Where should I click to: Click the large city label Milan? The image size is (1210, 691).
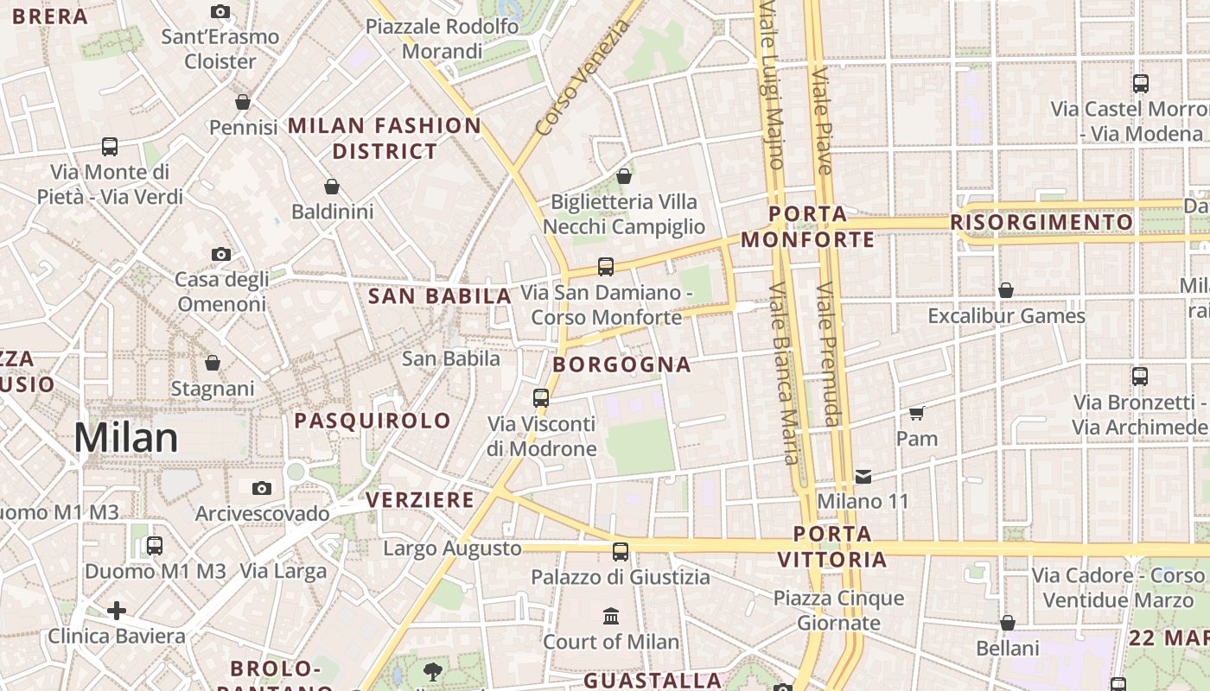click(126, 438)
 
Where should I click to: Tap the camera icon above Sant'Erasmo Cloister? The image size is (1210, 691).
click(220, 11)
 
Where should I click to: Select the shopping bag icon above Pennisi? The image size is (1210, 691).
click(243, 102)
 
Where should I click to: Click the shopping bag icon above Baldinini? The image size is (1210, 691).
click(331, 187)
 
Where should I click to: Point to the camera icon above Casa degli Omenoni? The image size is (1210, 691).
click(221, 254)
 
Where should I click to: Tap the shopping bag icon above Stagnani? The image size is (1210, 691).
click(213, 363)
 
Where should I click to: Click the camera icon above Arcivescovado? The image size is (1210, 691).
click(262, 488)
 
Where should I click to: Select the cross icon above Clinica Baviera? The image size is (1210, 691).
click(117, 612)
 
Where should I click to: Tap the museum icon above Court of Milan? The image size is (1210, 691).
click(611, 616)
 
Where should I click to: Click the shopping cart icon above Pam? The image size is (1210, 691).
click(917, 413)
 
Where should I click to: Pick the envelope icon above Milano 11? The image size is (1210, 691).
click(863, 476)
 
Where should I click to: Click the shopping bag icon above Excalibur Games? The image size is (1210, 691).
click(1006, 290)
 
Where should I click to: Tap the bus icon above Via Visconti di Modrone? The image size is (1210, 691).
click(541, 397)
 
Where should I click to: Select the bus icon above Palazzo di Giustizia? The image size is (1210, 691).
click(621, 551)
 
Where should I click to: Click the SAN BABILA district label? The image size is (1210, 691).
click(440, 296)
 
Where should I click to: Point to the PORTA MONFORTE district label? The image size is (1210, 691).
click(808, 226)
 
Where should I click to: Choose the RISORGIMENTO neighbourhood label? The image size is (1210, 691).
click(1041, 222)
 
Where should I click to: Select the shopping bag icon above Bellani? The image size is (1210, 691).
click(1007, 623)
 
